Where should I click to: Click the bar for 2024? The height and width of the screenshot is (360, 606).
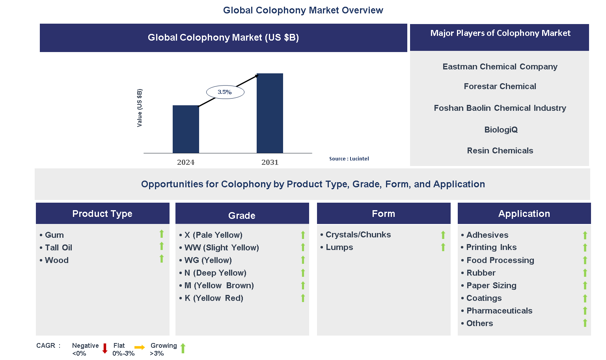[x=186, y=129]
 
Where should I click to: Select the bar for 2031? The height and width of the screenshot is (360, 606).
[x=270, y=113]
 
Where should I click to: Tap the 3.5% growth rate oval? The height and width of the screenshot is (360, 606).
[x=225, y=92]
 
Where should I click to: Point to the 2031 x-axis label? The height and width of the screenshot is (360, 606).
[x=270, y=162]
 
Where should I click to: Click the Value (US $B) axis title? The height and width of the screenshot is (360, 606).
[x=139, y=108]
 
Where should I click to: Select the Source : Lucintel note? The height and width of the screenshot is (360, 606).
[x=349, y=159]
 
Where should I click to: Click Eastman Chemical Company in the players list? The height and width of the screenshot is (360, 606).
[x=500, y=67]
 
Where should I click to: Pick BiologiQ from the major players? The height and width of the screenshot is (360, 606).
[x=501, y=130]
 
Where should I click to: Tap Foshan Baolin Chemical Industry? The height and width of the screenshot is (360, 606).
[x=500, y=108]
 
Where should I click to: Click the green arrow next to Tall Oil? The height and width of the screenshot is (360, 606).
[x=162, y=246]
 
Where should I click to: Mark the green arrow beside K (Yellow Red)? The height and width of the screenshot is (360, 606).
[x=303, y=298]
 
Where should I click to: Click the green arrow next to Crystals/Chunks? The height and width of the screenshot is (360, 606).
[x=443, y=235]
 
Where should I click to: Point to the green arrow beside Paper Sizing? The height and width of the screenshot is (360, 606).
[x=585, y=285]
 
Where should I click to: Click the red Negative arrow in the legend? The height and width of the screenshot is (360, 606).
[x=105, y=349]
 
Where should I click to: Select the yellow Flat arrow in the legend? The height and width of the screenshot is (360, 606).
[x=140, y=347]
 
